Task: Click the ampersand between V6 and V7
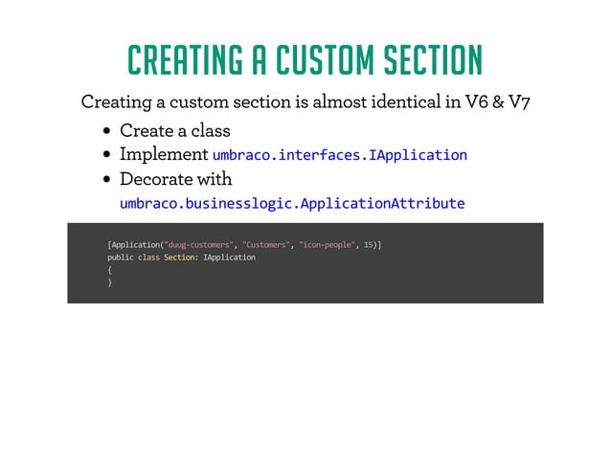pyautogui.click(x=498, y=102)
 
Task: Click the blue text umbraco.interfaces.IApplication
pyautogui.click(x=339, y=155)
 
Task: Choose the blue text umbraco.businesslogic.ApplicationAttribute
pyautogui.click(x=292, y=204)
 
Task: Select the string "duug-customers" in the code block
pyautogui.click(x=201, y=244)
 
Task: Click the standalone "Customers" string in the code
pyautogui.click(x=267, y=244)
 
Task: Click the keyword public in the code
pyautogui.click(x=121, y=258)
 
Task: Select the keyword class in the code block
pyautogui.click(x=148, y=258)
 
